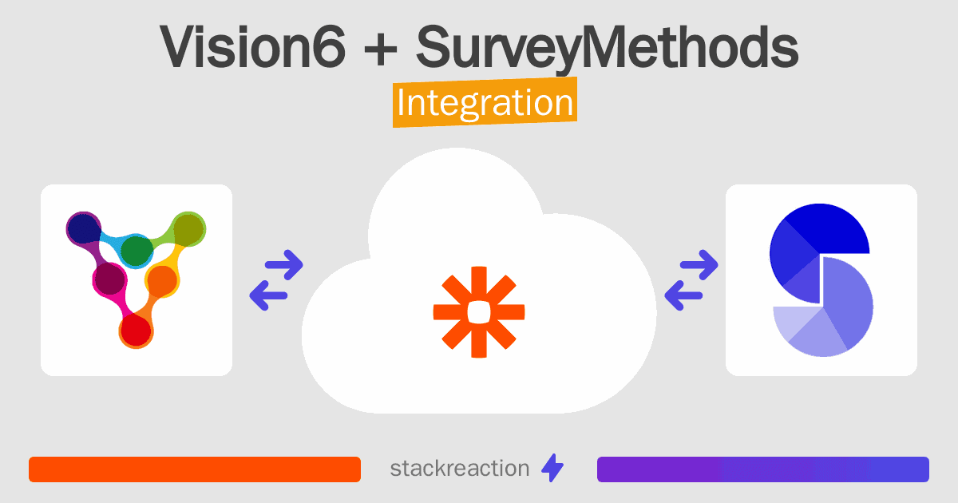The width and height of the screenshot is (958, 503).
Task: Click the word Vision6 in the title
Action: [252, 46]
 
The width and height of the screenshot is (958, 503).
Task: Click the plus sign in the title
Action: [380, 49]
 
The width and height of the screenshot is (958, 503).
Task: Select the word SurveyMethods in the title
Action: [608, 48]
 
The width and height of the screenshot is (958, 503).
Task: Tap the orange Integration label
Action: [485, 102]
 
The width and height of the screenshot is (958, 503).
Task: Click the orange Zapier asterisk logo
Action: [479, 312]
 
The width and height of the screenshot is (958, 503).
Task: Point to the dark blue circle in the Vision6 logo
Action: [84, 228]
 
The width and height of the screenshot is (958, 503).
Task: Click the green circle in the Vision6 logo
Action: [137, 250]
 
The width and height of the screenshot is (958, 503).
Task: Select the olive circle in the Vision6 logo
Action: [188, 229]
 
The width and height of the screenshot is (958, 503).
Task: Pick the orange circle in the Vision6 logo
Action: [161, 280]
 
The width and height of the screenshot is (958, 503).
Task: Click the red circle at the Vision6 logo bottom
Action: [136, 330]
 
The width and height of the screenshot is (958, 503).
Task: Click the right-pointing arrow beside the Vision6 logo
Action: [284, 265]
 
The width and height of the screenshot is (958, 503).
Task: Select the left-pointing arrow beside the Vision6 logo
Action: [268, 295]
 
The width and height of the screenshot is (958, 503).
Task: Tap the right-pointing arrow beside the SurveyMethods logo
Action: [699, 265]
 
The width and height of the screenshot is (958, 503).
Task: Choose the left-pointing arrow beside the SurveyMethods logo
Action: [683, 295]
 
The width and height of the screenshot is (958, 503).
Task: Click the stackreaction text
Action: [460, 469]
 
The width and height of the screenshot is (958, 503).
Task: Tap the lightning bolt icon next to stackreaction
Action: [552, 468]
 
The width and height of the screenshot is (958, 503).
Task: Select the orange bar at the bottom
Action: [195, 469]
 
